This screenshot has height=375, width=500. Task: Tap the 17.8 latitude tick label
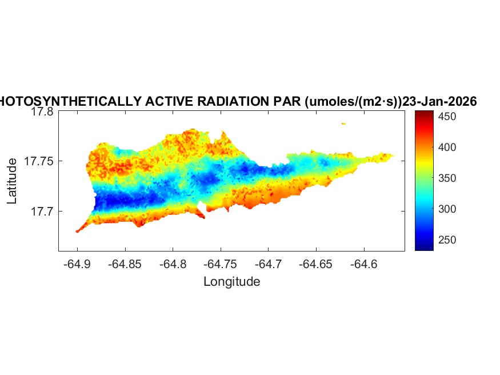click(x=42, y=112)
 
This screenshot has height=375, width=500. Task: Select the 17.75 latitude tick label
click(x=39, y=162)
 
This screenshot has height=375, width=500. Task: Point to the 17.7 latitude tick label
click(x=42, y=212)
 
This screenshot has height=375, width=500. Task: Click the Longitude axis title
click(x=231, y=282)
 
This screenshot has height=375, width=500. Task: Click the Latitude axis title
click(x=12, y=182)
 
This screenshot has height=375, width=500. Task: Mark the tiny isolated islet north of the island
click(x=343, y=123)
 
